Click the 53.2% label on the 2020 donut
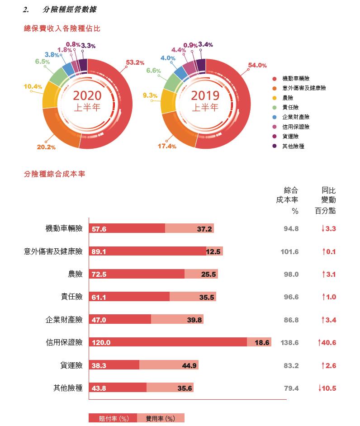[x=135, y=63]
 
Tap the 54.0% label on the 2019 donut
[x=257, y=66]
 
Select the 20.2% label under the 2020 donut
[x=46, y=147]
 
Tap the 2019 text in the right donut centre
[x=205, y=95]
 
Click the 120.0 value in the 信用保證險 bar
[x=101, y=343]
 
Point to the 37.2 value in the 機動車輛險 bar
[x=204, y=229]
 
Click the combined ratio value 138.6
[x=289, y=343]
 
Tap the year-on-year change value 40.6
[x=328, y=343]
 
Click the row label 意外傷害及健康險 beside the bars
[x=53, y=251]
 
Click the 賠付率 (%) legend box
[x=112, y=419]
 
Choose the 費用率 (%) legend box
[x=161, y=419]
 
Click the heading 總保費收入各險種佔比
[x=62, y=28]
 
